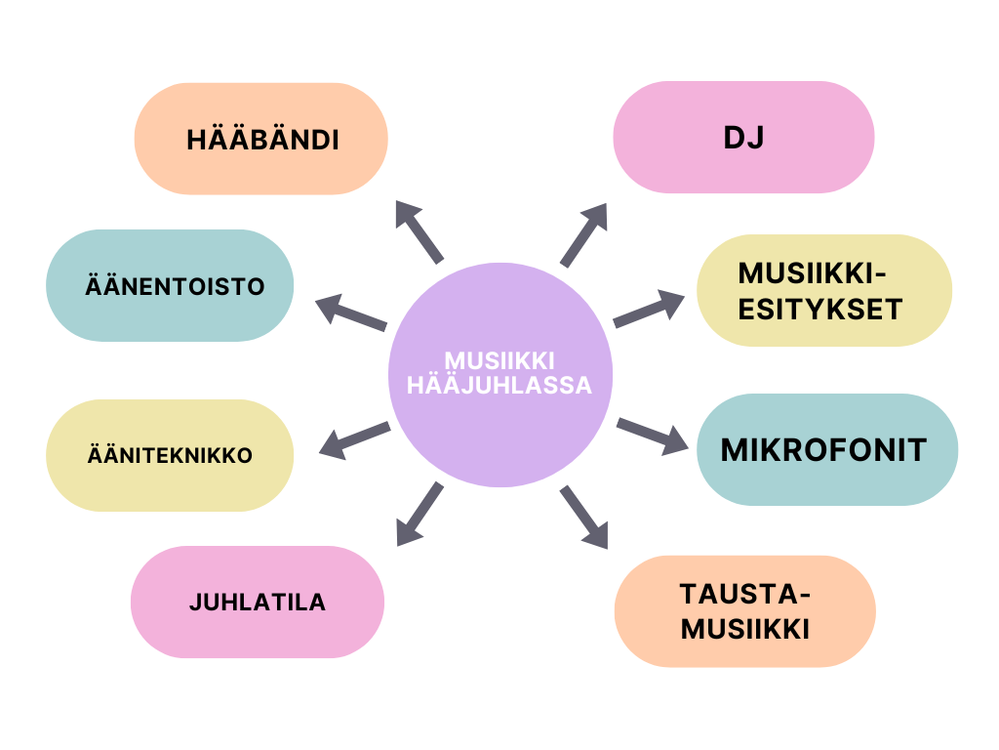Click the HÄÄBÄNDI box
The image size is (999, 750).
pos(261,139)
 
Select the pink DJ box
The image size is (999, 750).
pos(743,137)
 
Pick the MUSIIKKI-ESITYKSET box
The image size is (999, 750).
pos(824,290)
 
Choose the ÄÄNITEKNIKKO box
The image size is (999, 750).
pos(170,455)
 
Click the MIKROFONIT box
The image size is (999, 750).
pos(827,449)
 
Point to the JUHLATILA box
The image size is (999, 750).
pos(258,602)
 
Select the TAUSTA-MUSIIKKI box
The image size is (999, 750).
pos(745,611)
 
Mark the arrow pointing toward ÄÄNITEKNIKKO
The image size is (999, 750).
pos(355,440)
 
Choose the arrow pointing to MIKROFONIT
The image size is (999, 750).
pos(652,436)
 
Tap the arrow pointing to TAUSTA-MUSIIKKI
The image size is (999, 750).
pos(584,517)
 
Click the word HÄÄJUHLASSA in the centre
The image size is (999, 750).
pos(499,385)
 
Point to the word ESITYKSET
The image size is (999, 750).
pos(819,309)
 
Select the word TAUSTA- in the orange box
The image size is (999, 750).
pos(745,594)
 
